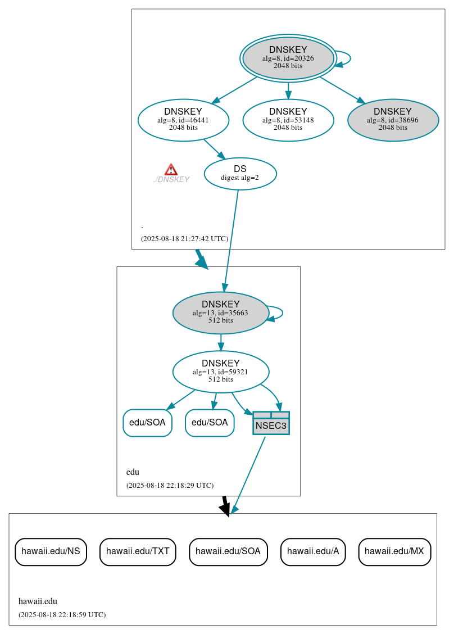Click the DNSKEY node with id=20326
[288, 58]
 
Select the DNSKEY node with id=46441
[183, 120]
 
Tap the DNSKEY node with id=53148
[288, 120]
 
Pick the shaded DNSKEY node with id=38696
[393, 120]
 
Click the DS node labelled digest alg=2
[240, 174]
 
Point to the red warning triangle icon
[171, 170]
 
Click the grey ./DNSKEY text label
[171, 180]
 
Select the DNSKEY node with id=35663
[220, 313]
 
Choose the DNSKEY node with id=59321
[220, 372]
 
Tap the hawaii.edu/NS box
[51, 551]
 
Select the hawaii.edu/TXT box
[138, 551]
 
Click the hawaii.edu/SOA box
[228, 551]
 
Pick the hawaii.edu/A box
[313, 551]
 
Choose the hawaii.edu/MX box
[394, 551]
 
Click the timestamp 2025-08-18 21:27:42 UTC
[184, 238]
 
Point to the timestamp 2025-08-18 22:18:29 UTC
[170, 485]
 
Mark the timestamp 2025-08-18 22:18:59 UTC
[62, 614]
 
